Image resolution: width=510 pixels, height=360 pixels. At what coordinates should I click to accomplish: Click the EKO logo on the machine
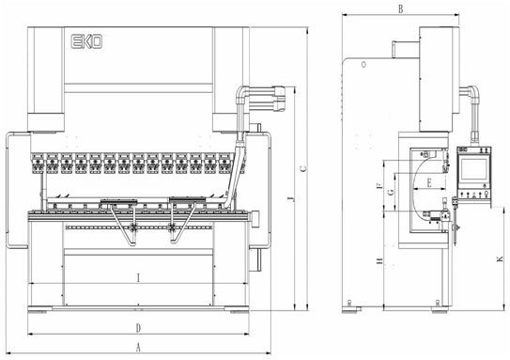pos(86,41)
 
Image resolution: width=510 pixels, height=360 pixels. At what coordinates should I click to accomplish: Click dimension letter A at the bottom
pos(138,348)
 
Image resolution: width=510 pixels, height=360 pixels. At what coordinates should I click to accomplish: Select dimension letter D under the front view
pos(138,328)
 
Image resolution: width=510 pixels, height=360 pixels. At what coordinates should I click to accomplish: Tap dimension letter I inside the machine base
pos(139,278)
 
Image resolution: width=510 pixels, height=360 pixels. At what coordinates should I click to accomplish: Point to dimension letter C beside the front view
pos(302,168)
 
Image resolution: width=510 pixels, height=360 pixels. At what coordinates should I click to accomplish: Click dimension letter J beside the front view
pos(291,198)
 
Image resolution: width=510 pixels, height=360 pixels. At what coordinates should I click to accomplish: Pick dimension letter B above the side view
pos(401,9)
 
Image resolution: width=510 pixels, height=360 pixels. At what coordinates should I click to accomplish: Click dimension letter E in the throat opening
pos(429,182)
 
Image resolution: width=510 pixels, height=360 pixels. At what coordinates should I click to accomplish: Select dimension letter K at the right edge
pos(500,259)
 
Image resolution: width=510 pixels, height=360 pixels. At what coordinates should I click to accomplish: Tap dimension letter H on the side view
pos(379,261)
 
